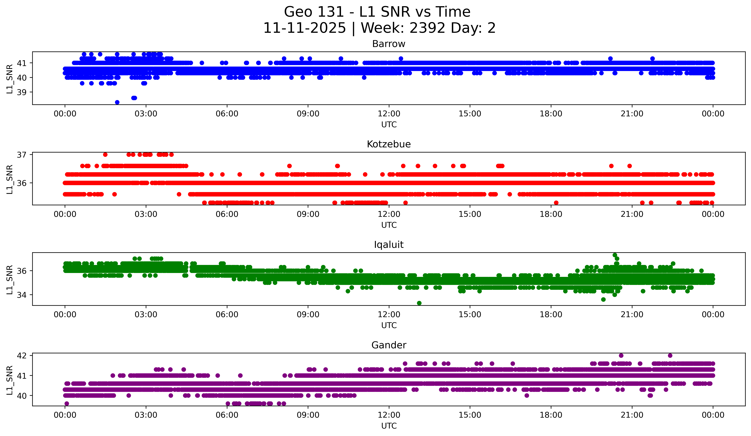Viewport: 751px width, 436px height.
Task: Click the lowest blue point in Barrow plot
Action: (x=117, y=102)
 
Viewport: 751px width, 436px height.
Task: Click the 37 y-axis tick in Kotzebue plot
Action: (x=22, y=155)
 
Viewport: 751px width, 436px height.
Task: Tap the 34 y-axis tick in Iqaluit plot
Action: (x=22, y=295)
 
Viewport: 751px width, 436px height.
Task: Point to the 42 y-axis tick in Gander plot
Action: (x=22, y=355)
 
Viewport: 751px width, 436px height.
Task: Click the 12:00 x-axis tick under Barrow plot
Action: (x=389, y=114)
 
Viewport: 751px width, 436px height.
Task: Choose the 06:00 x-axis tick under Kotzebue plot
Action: (x=227, y=214)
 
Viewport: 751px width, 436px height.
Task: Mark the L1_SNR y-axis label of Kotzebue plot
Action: (x=9, y=179)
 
